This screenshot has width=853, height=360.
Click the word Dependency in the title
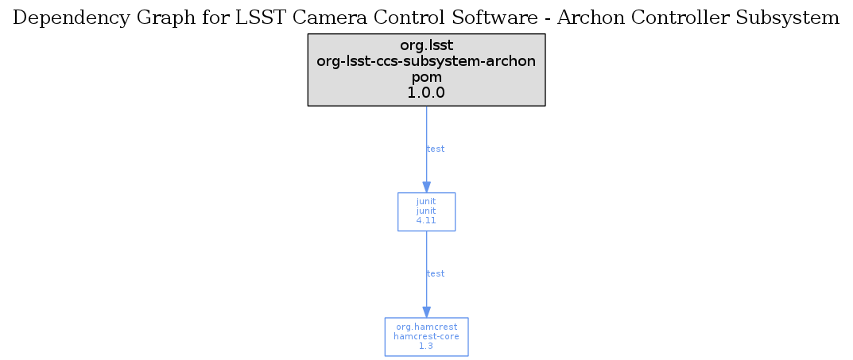point(71,19)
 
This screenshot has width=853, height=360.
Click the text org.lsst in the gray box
point(426,45)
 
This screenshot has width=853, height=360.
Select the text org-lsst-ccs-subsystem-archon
point(426,61)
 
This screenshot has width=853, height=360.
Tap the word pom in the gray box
point(426,77)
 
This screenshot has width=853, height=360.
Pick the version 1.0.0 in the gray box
point(426,93)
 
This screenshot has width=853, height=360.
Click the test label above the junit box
point(436,149)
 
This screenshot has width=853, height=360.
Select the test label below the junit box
point(436,273)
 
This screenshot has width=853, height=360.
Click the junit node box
point(426,211)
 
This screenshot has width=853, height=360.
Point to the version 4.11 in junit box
point(426,221)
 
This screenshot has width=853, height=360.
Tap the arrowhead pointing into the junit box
point(426,187)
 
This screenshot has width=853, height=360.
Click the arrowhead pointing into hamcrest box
point(426,312)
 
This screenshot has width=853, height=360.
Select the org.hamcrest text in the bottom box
point(426,327)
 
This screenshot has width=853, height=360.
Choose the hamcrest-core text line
point(426,336)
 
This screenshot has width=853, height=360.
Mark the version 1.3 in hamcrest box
point(426,346)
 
